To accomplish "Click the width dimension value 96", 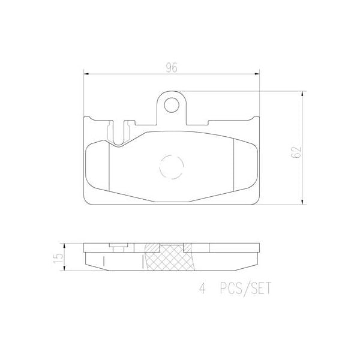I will (171, 68).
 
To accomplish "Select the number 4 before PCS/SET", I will (202, 289).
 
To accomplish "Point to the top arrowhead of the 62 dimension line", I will (301, 94).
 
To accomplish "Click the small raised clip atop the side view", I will (118, 244).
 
